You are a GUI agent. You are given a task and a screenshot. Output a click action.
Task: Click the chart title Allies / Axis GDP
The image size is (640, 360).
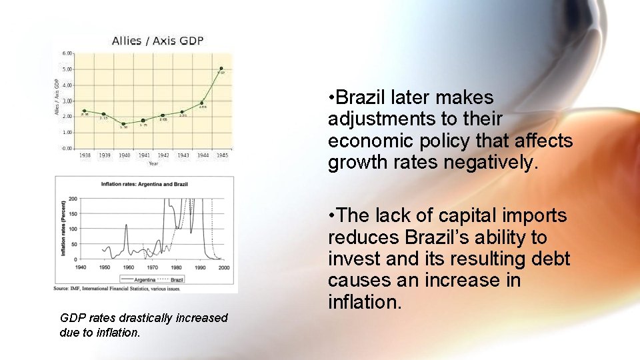click(x=157, y=41)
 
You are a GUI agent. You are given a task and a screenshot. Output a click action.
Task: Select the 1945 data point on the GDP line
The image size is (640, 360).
click(x=221, y=68)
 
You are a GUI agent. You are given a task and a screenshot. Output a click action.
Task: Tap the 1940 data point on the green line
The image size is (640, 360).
click(x=123, y=123)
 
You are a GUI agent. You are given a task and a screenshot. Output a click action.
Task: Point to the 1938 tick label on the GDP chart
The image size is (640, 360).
click(x=85, y=155)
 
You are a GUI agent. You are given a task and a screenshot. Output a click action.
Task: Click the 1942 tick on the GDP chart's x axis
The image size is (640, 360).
click(x=163, y=155)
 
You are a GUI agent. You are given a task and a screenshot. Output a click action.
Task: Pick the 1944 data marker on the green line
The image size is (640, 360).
click(x=202, y=103)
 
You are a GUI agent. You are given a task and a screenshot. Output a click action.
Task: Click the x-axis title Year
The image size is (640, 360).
click(x=153, y=163)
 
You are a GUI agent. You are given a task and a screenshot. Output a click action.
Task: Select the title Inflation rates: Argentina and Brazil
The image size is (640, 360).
click(x=145, y=183)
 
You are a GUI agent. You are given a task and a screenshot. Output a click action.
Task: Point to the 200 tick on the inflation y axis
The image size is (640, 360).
click(x=73, y=199)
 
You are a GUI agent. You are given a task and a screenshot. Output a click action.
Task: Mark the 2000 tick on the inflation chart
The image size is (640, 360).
click(x=223, y=267)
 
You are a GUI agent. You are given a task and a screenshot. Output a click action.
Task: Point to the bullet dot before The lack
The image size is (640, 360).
click(x=331, y=216)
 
